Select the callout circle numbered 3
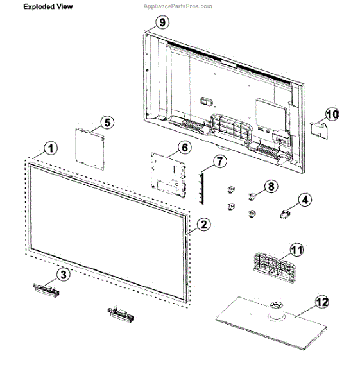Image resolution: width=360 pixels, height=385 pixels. (62, 275)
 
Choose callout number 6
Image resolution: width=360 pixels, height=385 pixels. (184, 147)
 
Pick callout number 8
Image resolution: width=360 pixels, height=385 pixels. (271, 186)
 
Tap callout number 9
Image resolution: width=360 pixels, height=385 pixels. (162, 22)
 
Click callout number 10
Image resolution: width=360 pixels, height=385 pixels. (331, 114)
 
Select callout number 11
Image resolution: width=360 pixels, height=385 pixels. (296, 249)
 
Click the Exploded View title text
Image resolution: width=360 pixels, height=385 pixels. (48, 7)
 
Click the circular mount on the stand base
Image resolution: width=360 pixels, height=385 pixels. (277, 310)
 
